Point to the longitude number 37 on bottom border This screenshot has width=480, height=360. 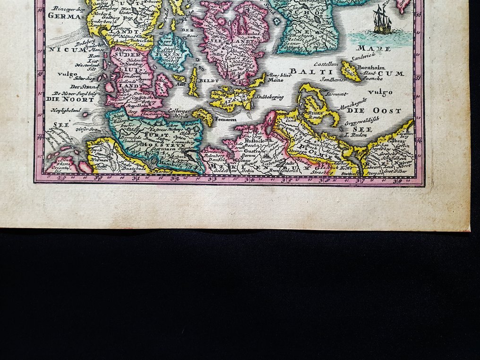[x=363, y=179]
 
